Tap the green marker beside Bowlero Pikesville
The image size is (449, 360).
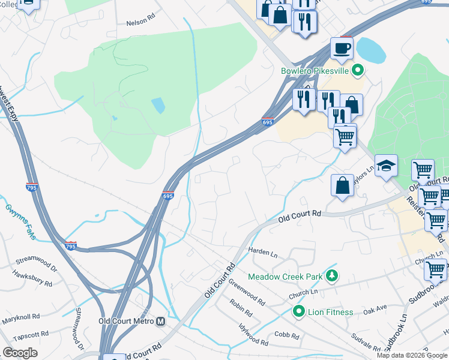pos(358,71)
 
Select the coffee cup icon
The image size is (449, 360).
pos(342,49)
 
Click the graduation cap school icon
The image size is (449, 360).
pos(386,166)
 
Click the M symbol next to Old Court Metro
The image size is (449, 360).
pos(160,322)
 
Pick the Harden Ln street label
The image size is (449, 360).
pos(263,252)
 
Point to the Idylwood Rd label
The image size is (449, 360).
pos(252,334)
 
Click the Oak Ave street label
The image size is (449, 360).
pos(375,310)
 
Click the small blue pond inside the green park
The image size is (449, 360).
pos(158,106)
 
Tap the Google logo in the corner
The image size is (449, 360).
pos(20,353)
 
